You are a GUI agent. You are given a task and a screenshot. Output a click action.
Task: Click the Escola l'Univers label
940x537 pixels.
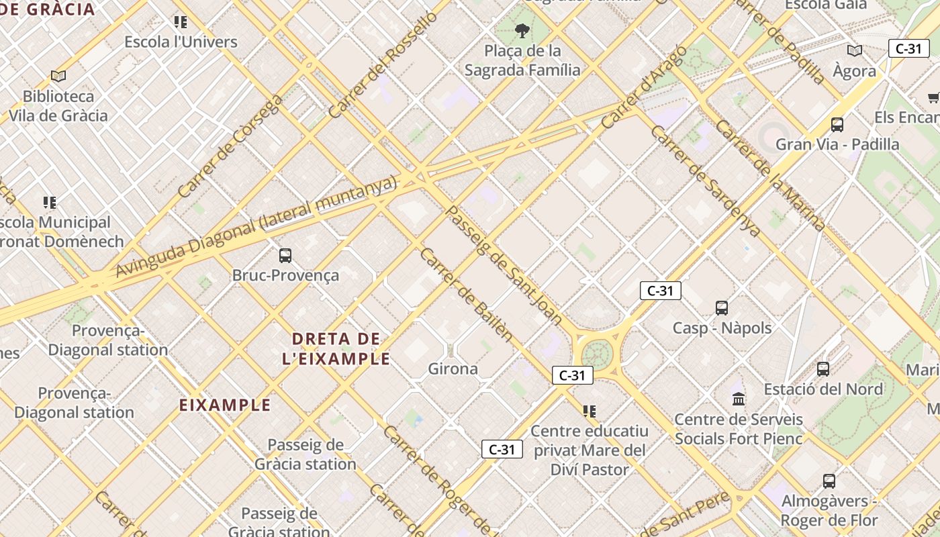[181, 42]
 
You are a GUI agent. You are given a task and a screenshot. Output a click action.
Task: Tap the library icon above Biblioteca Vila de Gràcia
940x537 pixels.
[58, 76]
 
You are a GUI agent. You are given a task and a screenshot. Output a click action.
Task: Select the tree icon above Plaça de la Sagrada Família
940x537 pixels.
[522, 30]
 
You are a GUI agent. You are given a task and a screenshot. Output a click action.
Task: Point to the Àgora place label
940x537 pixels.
[854, 71]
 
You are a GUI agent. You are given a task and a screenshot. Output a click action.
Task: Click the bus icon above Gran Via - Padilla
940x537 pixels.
[837, 124]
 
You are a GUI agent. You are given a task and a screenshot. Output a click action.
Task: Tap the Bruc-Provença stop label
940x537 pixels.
[285, 275]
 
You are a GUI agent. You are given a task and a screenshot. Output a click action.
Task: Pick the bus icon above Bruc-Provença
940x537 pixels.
[285, 255]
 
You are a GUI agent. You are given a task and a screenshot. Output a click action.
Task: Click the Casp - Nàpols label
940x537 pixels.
[722, 328]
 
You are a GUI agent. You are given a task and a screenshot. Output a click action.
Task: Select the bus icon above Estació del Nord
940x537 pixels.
[822, 369]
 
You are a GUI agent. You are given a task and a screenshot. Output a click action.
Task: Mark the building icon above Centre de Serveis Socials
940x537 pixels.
[739, 399]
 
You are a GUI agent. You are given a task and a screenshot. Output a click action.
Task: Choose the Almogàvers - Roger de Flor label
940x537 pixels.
[829, 511]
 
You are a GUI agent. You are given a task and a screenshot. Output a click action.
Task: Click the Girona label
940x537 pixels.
[453, 369]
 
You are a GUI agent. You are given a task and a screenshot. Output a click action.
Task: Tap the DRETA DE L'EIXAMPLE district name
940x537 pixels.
[336, 348]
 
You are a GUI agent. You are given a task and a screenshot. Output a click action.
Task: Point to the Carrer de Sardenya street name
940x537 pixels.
[706, 181]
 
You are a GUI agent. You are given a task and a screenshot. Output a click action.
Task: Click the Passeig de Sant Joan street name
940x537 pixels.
[504, 265]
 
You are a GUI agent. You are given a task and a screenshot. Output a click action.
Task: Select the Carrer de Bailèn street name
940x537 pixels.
[466, 295]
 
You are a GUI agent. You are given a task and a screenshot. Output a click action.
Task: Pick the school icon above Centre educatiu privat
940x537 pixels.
[589, 411]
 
